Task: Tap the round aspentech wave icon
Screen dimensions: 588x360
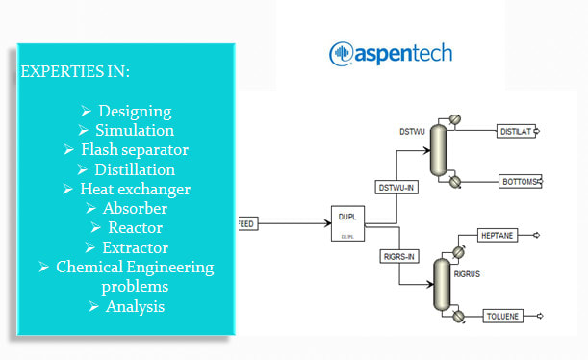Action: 343,54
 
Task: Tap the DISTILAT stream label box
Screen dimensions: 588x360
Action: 517,131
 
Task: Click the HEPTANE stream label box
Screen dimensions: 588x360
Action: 499,235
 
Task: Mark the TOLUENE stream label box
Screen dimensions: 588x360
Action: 500,314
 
